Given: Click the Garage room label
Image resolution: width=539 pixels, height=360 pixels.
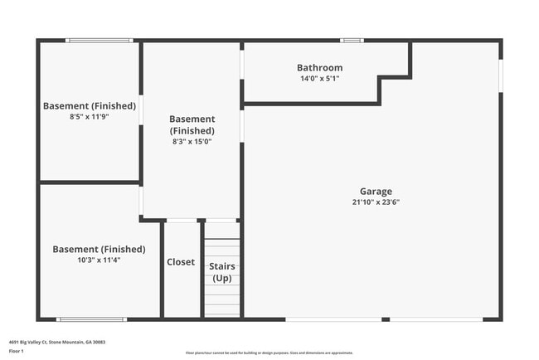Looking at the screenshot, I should [x=376, y=191].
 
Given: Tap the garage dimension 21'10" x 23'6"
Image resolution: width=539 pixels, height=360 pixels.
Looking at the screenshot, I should [x=376, y=202].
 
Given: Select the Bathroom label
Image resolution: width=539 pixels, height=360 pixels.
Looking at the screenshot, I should [x=319, y=68].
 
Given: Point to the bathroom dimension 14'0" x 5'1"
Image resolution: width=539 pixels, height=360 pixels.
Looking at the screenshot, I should [x=319, y=78].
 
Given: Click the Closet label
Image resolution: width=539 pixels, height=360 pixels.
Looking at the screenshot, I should [x=181, y=262].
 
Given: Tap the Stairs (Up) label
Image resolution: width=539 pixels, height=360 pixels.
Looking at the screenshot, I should [x=222, y=272].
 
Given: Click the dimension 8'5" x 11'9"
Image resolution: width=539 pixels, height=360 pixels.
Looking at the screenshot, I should [x=89, y=117].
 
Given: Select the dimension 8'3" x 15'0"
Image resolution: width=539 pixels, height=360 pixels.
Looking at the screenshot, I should [x=192, y=142].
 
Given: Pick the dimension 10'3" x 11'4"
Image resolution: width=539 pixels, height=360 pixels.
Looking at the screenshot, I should [x=99, y=260].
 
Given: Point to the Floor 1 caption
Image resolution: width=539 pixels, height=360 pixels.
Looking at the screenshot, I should [x=17, y=351].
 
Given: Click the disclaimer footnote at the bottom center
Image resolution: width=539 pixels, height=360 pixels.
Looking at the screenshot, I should [x=269, y=352].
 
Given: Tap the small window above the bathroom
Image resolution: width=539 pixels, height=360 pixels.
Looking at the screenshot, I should [x=352, y=40].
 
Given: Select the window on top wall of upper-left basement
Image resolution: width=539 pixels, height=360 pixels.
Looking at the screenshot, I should [x=99, y=40].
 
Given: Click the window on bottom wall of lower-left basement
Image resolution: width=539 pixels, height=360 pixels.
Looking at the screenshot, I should [x=91, y=319].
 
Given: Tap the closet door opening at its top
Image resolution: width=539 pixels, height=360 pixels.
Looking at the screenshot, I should [x=182, y=220].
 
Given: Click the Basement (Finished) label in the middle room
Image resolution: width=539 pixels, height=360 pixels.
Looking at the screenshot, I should [x=192, y=124].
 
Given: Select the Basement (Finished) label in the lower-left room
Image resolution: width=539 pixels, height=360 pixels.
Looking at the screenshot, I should [x=99, y=249].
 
